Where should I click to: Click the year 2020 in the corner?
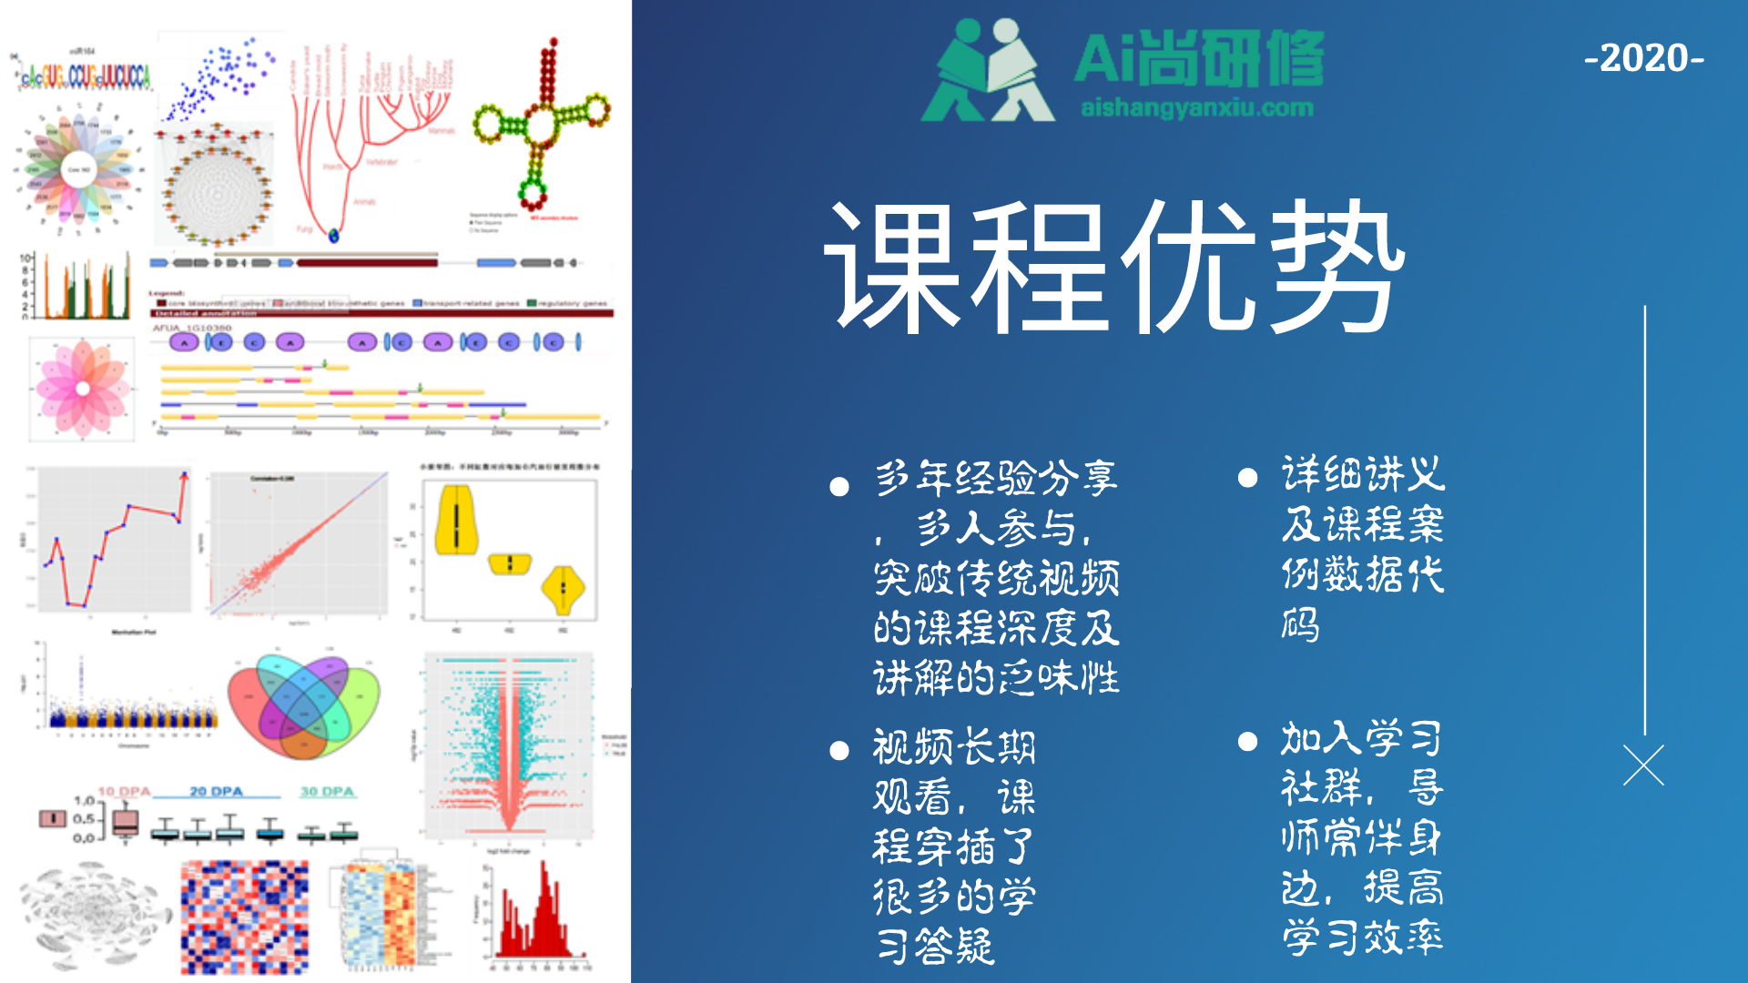click(x=1644, y=59)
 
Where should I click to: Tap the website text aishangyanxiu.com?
click(x=1196, y=108)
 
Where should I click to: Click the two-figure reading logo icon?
click(x=988, y=71)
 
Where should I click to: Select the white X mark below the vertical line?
click(x=1643, y=765)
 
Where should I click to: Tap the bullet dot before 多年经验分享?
click(x=839, y=487)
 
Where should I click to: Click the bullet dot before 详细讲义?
click(x=1247, y=478)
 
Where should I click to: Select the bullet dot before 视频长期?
click(x=839, y=751)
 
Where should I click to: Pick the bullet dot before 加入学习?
click(x=1247, y=742)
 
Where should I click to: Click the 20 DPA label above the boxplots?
click(x=216, y=792)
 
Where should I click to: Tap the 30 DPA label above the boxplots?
click(x=327, y=792)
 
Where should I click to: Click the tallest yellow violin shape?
click(x=456, y=521)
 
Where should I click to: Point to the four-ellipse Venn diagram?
click(x=303, y=705)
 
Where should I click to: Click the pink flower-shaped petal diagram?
click(x=83, y=389)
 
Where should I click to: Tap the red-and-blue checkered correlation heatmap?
click(x=244, y=917)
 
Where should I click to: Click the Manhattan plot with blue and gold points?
click(x=127, y=692)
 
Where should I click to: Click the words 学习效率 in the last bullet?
click(x=1362, y=937)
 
